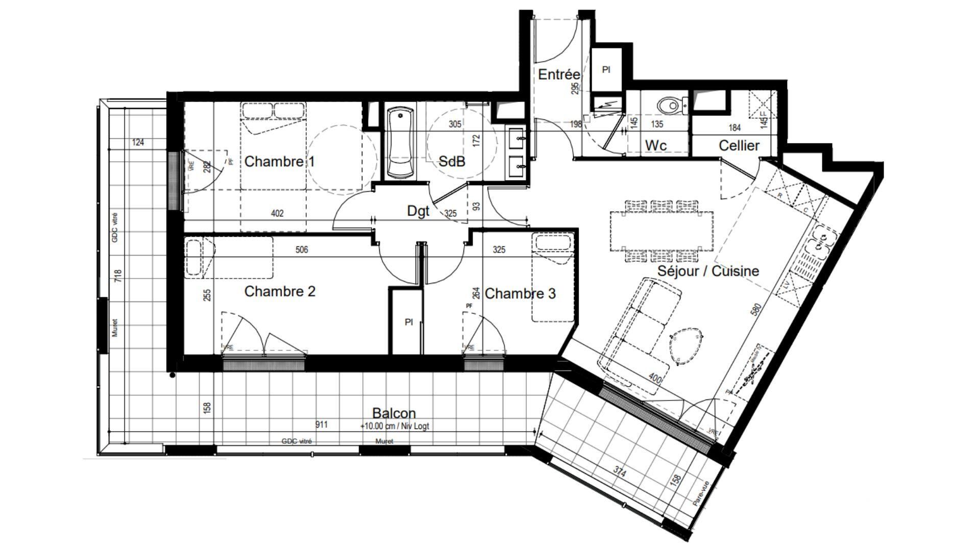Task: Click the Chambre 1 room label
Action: (x=279, y=162)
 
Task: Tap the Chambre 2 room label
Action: (x=280, y=291)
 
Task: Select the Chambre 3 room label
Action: (x=520, y=293)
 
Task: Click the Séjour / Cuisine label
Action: (x=708, y=271)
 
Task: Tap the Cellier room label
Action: (x=739, y=145)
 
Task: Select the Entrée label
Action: (x=558, y=74)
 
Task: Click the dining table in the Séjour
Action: (x=661, y=231)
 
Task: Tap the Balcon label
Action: (x=394, y=413)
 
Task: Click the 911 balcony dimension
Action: (x=322, y=424)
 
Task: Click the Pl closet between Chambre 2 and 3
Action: (x=408, y=322)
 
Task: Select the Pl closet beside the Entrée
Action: (x=606, y=70)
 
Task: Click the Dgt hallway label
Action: (x=418, y=211)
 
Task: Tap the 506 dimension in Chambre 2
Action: (x=302, y=249)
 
